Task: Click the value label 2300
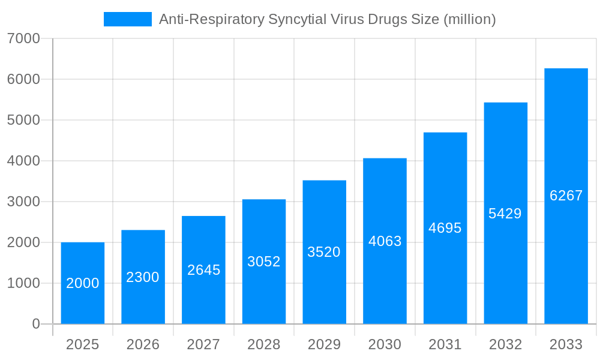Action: [143, 277]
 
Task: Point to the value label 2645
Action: [204, 270]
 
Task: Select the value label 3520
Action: [324, 252]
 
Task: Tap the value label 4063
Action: [385, 241]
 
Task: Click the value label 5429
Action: [505, 214]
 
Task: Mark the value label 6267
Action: [566, 196]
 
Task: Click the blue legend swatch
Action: [128, 19]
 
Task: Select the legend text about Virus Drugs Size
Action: [327, 19]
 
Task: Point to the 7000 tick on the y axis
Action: [23, 38]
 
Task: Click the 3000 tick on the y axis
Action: [23, 202]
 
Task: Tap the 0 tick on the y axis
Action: [35, 324]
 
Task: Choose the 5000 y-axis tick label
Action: [23, 120]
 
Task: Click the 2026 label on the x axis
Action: [143, 344]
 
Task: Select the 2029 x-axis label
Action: [324, 344]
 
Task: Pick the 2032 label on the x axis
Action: [505, 344]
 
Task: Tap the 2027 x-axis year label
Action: [203, 344]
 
